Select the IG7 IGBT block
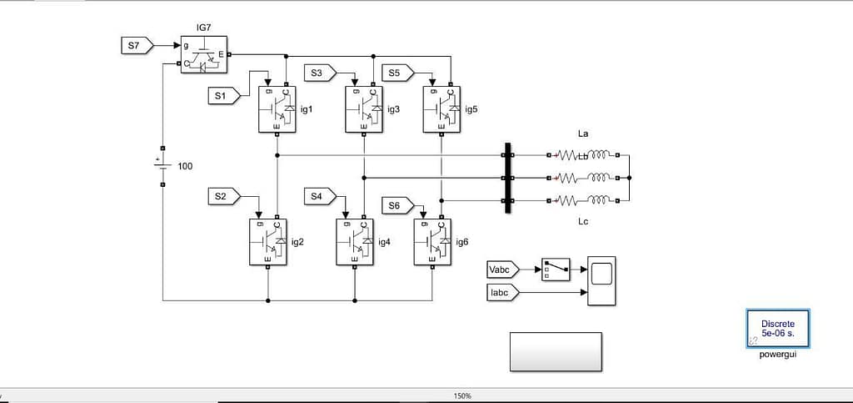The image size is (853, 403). pos(204,55)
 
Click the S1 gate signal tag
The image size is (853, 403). pos(222,96)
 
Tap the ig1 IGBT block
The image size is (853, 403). pos(277,108)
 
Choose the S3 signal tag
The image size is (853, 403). pos(318,73)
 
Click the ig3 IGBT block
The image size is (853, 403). pos(364,108)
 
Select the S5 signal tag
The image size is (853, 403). pos(397,73)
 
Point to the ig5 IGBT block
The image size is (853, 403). pos(441,108)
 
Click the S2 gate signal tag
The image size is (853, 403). pos(222,196)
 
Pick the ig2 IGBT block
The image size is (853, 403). pos(267,242)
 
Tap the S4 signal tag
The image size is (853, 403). pos(318,196)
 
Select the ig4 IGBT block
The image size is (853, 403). pos(355,242)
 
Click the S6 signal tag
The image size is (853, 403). pos(397,205)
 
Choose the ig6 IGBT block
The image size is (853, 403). pos(432,242)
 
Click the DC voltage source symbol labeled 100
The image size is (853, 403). pos(162,165)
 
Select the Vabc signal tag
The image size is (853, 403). pos(502,269)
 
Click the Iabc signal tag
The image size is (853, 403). pos(502,291)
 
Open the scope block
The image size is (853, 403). pos(601,280)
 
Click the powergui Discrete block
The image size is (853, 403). pos(778,329)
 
